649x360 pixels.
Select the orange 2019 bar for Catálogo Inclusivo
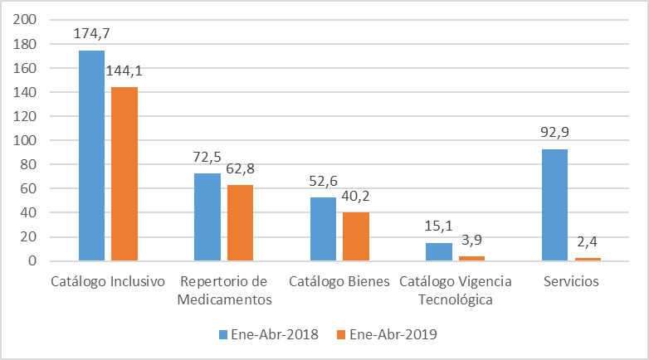(124, 174)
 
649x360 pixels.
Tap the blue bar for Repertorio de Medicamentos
(207, 217)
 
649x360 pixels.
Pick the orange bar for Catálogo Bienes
(356, 236)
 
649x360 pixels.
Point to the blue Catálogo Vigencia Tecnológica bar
(439, 252)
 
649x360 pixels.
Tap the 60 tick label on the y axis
(29, 189)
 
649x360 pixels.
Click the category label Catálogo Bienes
(339, 281)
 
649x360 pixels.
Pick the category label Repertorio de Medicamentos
(224, 289)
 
